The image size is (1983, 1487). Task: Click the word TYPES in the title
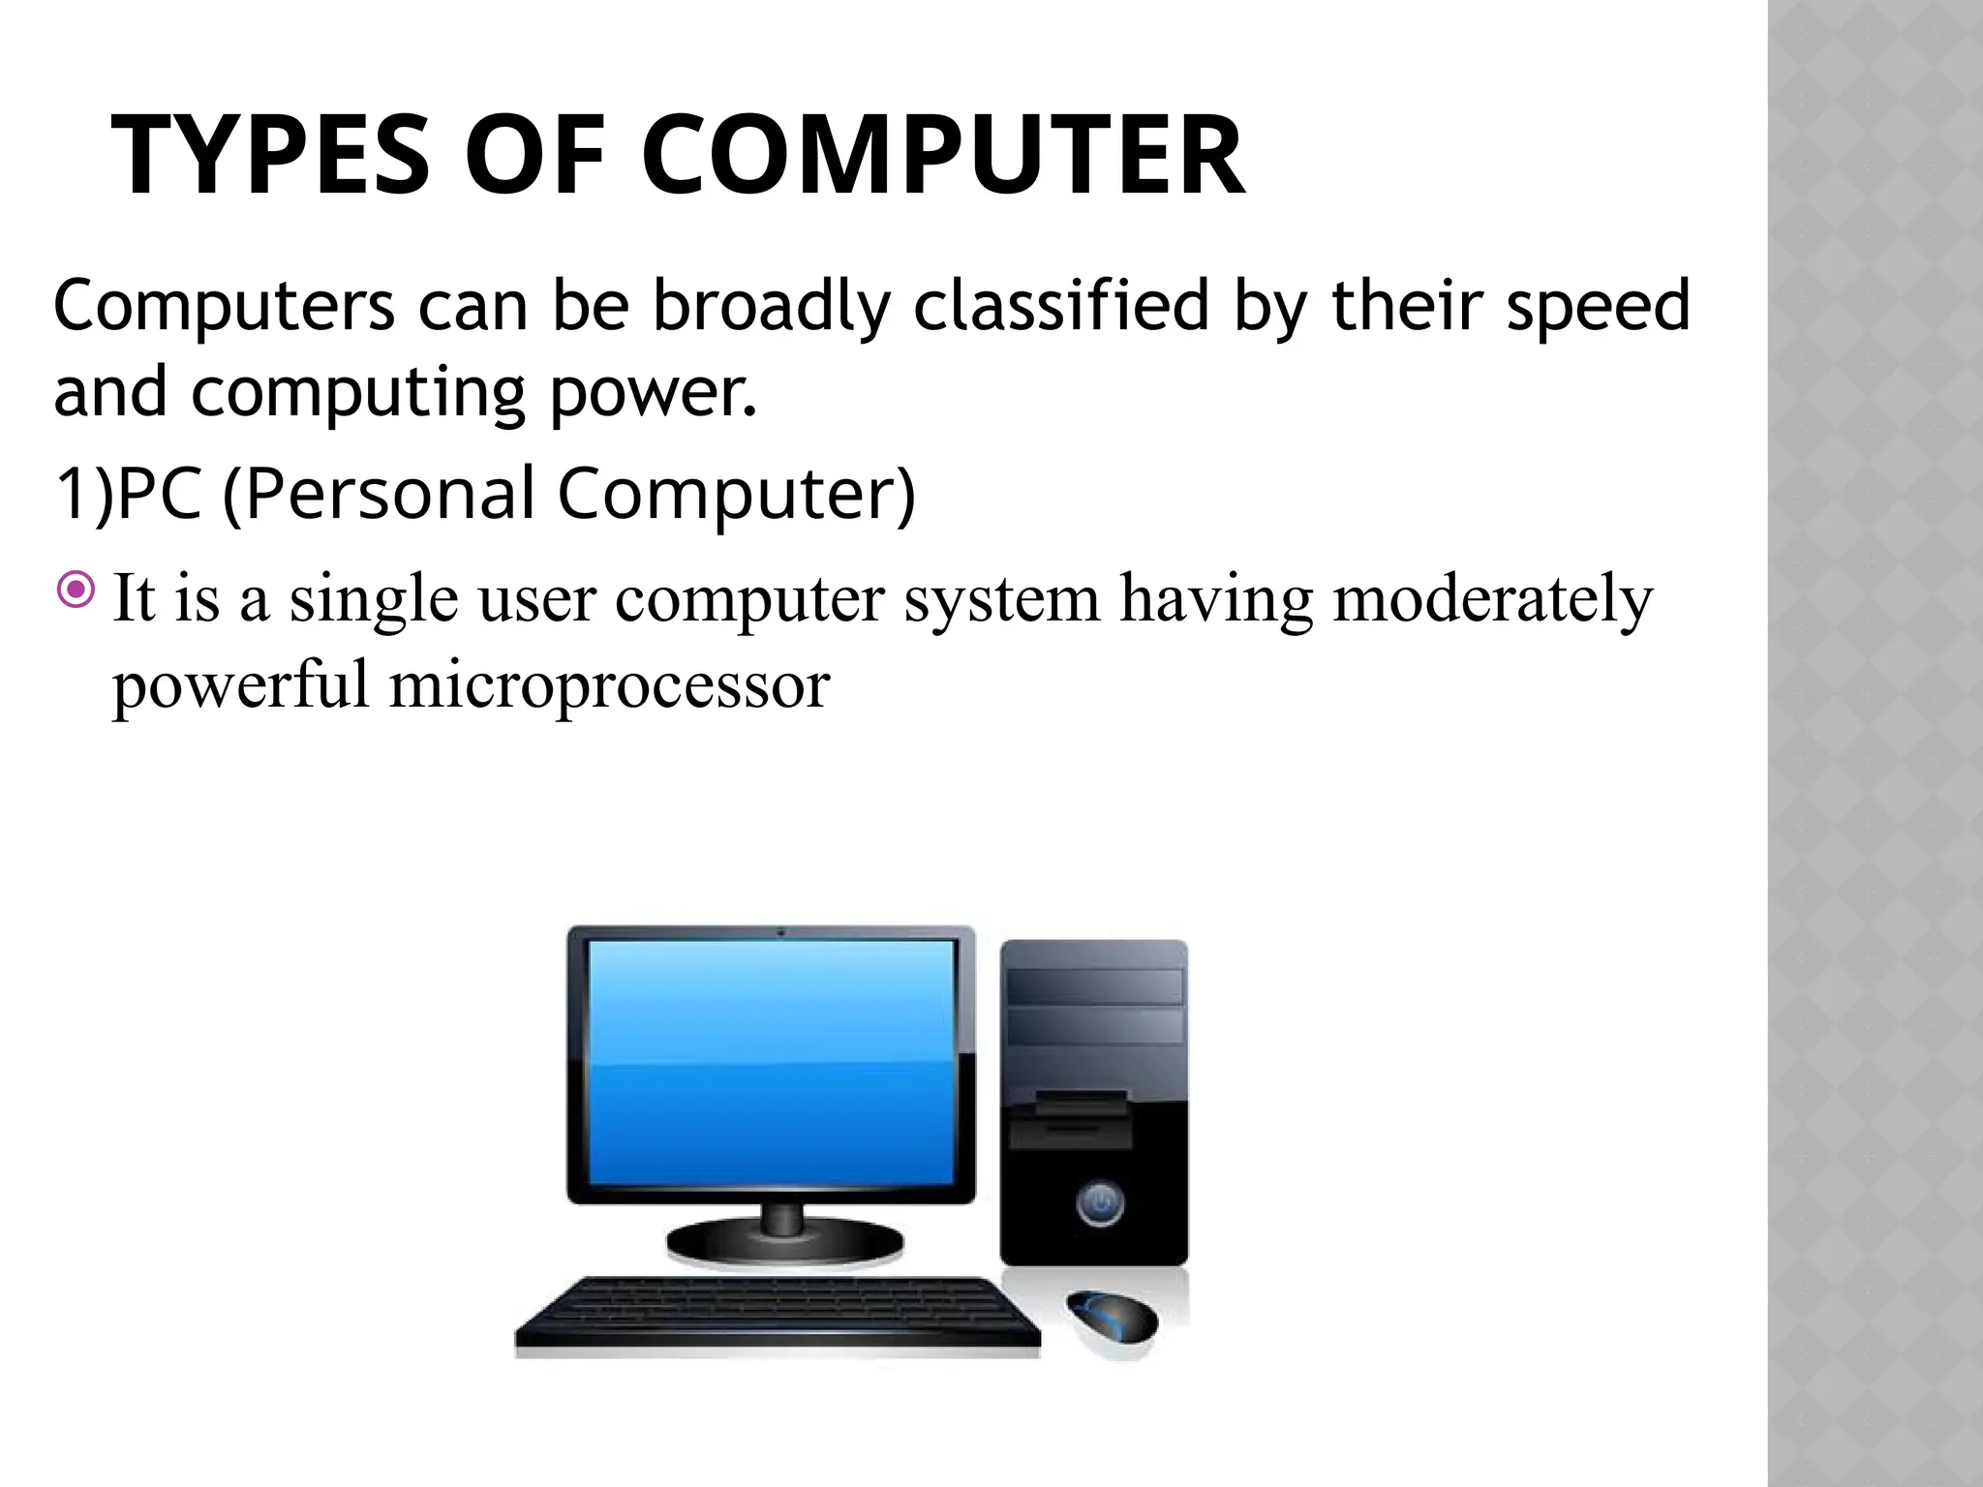(x=270, y=157)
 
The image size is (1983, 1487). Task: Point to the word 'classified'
(x=1061, y=306)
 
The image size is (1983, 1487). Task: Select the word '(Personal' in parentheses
(x=379, y=494)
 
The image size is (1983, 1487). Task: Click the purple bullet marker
(x=76, y=590)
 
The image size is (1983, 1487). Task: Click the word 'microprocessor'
(x=609, y=685)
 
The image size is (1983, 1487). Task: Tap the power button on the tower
(x=1098, y=1203)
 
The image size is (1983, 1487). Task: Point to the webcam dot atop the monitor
(x=780, y=933)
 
